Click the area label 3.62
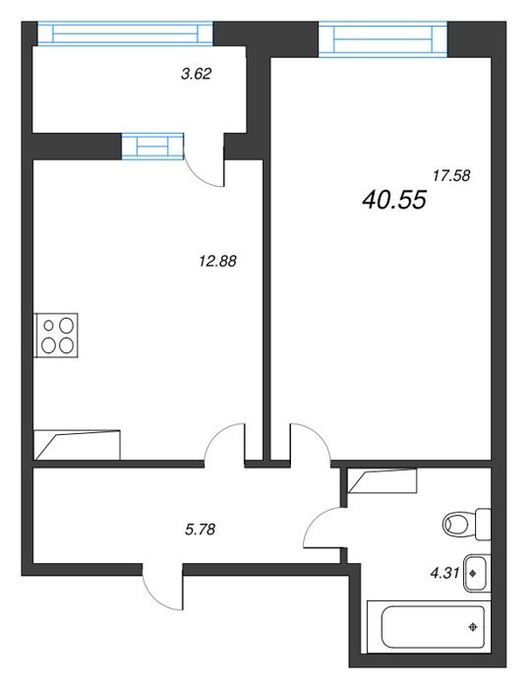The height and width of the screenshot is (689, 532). pyautogui.click(x=197, y=74)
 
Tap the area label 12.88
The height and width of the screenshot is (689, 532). pyautogui.click(x=217, y=261)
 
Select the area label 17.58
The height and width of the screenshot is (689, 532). pyautogui.click(x=451, y=176)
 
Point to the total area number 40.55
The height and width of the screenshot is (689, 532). pyautogui.click(x=394, y=200)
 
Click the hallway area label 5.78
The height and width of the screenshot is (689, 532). pyautogui.click(x=201, y=530)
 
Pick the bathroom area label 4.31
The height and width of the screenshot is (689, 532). pyautogui.click(x=444, y=573)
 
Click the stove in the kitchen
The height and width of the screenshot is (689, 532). pyautogui.click(x=57, y=336)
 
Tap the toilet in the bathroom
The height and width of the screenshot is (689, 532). pyautogui.click(x=466, y=524)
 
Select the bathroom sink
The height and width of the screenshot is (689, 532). pyautogui.click(x=476, y=573)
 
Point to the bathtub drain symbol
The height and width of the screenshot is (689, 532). pyautogui.click(x=473, y=627)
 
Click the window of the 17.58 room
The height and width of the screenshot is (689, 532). pyautogui.click(x=384, y=38)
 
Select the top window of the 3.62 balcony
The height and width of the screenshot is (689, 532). pyautogui.click(x=125, y=33)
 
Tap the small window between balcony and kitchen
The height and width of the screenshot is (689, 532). pyautogui.click(x=152, y=146)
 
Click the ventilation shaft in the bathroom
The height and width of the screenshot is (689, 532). pyautogui.click(x=382, y=480)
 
